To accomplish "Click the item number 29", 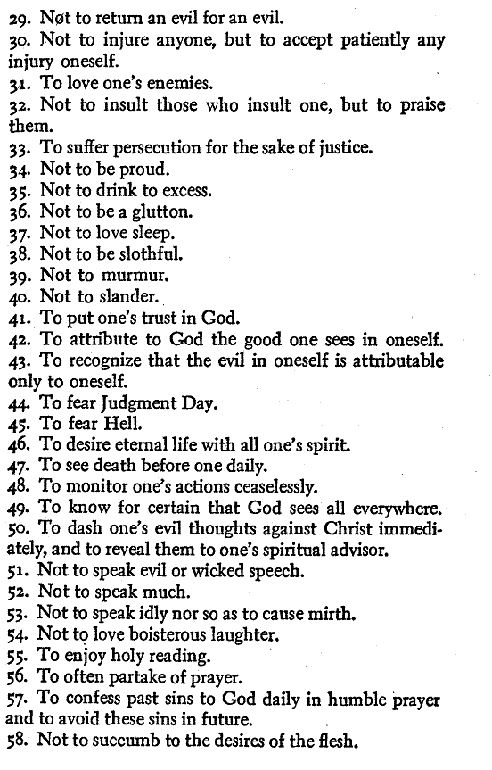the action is [x=18, y=19].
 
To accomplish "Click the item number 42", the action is [x=19, y=340].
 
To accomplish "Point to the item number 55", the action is [x=19, y=658].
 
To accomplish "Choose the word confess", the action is [x=92, y=700].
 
